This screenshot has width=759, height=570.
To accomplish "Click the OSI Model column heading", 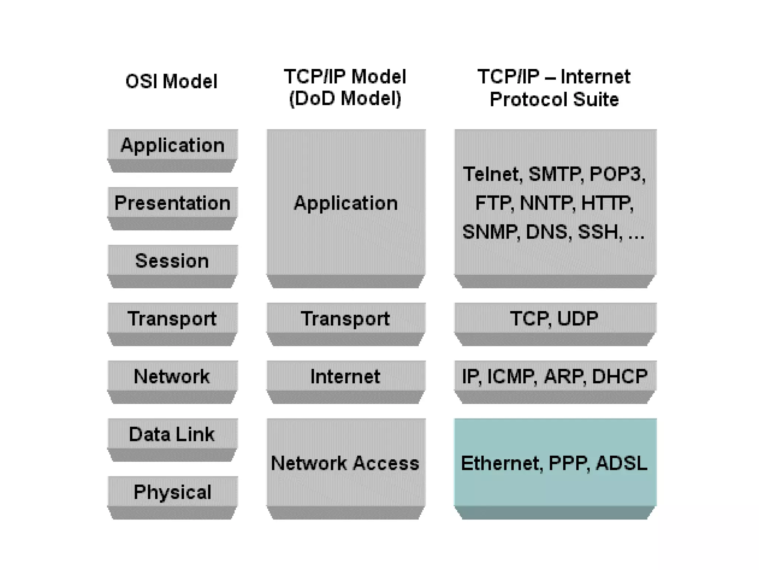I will pyautogui.click(x=171, y=82).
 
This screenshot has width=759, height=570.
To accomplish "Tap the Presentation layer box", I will pyautogui.click(x=172, y=203).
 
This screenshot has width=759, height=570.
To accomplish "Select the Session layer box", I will pyautogui.click(x=172, y=261).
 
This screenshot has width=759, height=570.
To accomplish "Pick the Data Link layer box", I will pyautogui.click(x=172, y=435).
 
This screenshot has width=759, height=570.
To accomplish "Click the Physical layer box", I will pyautogui.click(x=172, y=492).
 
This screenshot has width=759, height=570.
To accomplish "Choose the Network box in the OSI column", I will pyautogui.click(x=172, y=377).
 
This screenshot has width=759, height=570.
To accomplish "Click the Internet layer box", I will pyautogui.click(x=345, y=377).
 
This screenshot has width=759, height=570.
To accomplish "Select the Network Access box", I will pyautogui.click(x=345, y=463).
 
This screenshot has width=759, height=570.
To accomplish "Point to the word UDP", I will pyautogui.click(x=577, y=318).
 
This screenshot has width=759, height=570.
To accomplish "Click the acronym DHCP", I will pyautogui.click(x=620, y=376).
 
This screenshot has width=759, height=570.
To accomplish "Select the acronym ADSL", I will pyautogui.click(x=622, y=463).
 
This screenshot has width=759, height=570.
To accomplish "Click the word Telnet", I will pyautogui.click(x=493, y=174).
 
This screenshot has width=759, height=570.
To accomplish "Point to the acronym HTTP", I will pyautogui.click(x=607, y=203).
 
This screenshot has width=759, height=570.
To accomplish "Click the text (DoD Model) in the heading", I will pyautogui.click(x=345, y=99).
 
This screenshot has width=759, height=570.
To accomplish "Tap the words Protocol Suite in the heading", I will pyautogui.click(x=554, y=99).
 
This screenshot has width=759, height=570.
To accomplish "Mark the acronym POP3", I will pyautogui.click(x=617, y=174).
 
